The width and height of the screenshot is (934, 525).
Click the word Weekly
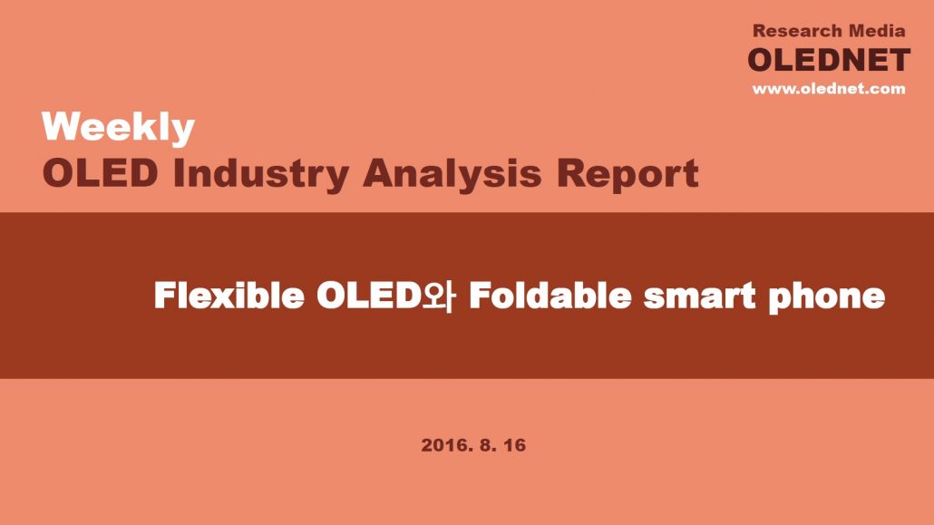(x=118, y=128)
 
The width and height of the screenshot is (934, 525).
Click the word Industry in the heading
(x=261, y=175)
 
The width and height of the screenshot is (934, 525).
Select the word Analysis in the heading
(x=452, y=175)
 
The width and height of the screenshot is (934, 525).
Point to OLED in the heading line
(x=101, y=173)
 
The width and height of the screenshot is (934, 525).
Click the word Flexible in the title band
(x=229, y=295)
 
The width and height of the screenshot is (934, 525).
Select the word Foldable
(x=550, y=295)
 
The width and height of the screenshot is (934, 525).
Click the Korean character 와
(x=439, y=297)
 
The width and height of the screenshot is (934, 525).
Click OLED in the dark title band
(x=369, y=295)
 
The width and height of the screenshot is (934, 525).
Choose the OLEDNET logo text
(x=829, y=60)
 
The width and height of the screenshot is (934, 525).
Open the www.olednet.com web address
(x=829, y=89)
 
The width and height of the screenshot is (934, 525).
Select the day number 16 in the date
(x=515, y=445)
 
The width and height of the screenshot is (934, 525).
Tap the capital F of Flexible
(x=164, y=295)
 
